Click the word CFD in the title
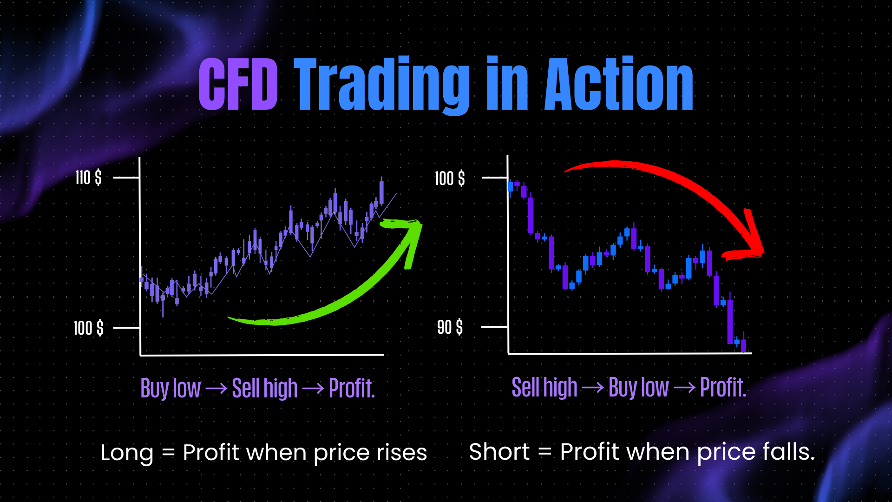238,84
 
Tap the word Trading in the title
382,86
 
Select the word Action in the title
619,84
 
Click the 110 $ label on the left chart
88,178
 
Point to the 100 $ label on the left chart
88,328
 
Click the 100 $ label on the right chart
450,178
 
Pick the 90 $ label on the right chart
450,327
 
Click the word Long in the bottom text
127,453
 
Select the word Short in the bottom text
499,452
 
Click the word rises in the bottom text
401,453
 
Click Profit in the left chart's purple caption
352,389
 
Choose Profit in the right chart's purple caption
723,388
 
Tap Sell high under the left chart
265,389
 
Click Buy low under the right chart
639,388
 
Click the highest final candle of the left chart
381,192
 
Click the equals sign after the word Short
545,451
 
